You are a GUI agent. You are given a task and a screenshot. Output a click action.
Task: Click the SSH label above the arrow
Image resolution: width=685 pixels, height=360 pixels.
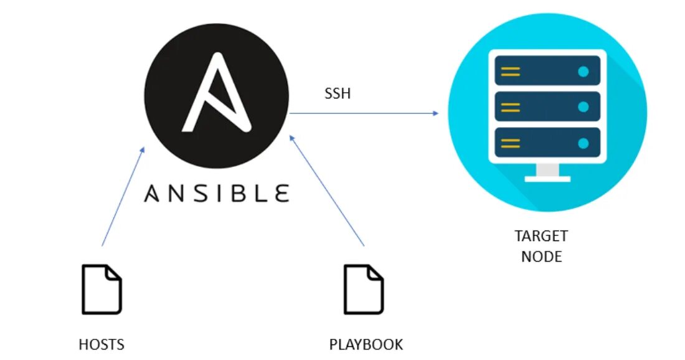[x=337, y=94]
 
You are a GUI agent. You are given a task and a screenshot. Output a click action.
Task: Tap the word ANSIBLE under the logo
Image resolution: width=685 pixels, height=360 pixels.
[x=217, y=193]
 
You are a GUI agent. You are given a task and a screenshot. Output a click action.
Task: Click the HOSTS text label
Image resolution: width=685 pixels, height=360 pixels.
[x=102, y=344]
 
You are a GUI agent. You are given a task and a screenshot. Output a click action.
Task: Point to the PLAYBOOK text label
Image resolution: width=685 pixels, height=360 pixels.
[x=366, y=344]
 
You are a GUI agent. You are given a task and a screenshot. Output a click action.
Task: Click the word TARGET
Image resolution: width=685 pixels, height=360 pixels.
[x=541, y=237]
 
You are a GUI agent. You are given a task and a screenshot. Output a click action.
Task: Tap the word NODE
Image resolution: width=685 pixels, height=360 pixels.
[x=541, y=256]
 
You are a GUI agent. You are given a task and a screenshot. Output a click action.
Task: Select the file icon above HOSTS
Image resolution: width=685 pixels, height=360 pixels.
[x=102, y=289]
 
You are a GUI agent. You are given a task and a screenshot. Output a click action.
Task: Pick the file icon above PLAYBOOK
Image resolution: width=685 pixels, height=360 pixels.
[x=364, y=289]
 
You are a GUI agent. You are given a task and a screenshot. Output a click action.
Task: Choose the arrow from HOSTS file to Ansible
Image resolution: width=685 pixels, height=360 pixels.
[x=123, y=196]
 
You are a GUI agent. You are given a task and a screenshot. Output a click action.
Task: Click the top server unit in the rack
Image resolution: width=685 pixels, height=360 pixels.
[x=547, y=71]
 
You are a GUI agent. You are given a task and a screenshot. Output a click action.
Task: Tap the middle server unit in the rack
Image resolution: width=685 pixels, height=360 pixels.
[x=547, y=107]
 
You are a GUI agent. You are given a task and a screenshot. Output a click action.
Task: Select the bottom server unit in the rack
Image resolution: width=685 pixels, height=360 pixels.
[x=547, y=143]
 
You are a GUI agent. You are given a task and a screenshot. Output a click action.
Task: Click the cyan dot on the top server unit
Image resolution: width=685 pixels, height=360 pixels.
[x=583, y=71]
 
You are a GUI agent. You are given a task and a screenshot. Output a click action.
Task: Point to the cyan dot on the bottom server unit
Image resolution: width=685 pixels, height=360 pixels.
[x=583, y=143]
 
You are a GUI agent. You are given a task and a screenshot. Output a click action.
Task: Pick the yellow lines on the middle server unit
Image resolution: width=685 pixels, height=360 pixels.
[x=511, y=107]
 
